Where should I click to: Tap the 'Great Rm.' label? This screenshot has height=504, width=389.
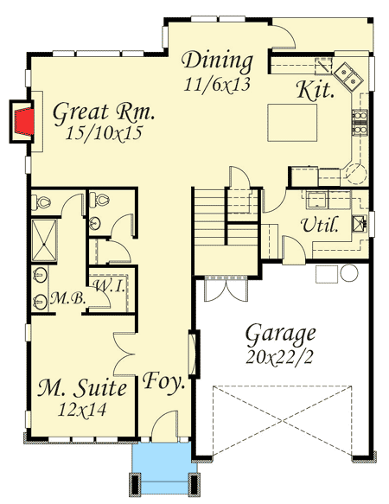click(x=104, y=112)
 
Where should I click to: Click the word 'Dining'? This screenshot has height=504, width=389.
click(x=218, y=62)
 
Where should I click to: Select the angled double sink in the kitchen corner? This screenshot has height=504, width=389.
click(x=348, y=75)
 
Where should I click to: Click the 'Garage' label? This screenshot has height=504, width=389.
click(x=280, y=333)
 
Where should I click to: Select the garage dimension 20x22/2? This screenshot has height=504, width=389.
click(x=280, y=353)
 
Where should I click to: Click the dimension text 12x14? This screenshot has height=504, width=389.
click(x=84, y=409)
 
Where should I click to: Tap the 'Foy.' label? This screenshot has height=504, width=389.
click(x=164, y=381)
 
